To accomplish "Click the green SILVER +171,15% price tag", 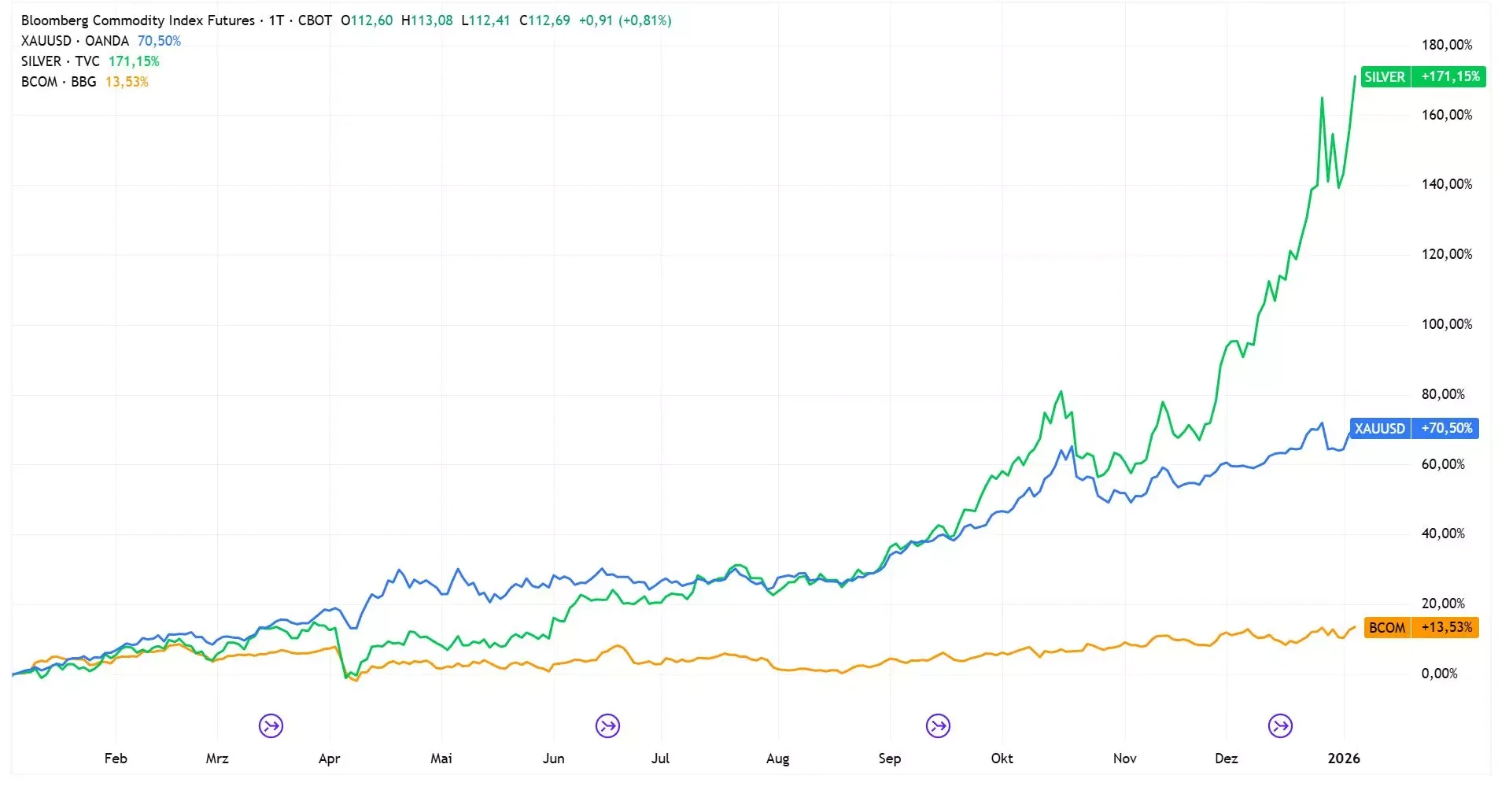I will point(1422,76).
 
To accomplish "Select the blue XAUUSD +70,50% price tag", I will point(1414,428).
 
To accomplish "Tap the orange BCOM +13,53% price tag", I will point(1421,627).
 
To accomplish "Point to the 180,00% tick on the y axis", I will point(1446,45).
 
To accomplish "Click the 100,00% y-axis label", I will point(1446,324).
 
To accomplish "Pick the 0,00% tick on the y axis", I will point(1439,674).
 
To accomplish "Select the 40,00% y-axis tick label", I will point(1443,533).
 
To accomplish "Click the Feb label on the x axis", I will point(116,759).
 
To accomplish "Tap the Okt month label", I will point(1002,759).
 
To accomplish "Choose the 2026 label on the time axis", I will point(1343,759).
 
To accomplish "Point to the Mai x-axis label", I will point(441,759).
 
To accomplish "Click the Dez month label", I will point(1226,759).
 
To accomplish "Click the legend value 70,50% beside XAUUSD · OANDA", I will point(159,41).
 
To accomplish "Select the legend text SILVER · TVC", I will point(61,61).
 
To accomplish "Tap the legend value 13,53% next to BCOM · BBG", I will point(127,82).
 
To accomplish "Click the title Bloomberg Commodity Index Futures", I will point(138,20).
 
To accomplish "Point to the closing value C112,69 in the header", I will point(544,20).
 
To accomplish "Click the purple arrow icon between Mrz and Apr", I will point(271,725).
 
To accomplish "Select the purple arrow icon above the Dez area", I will point(1280,725).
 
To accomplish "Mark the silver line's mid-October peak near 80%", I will point(1061,392).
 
